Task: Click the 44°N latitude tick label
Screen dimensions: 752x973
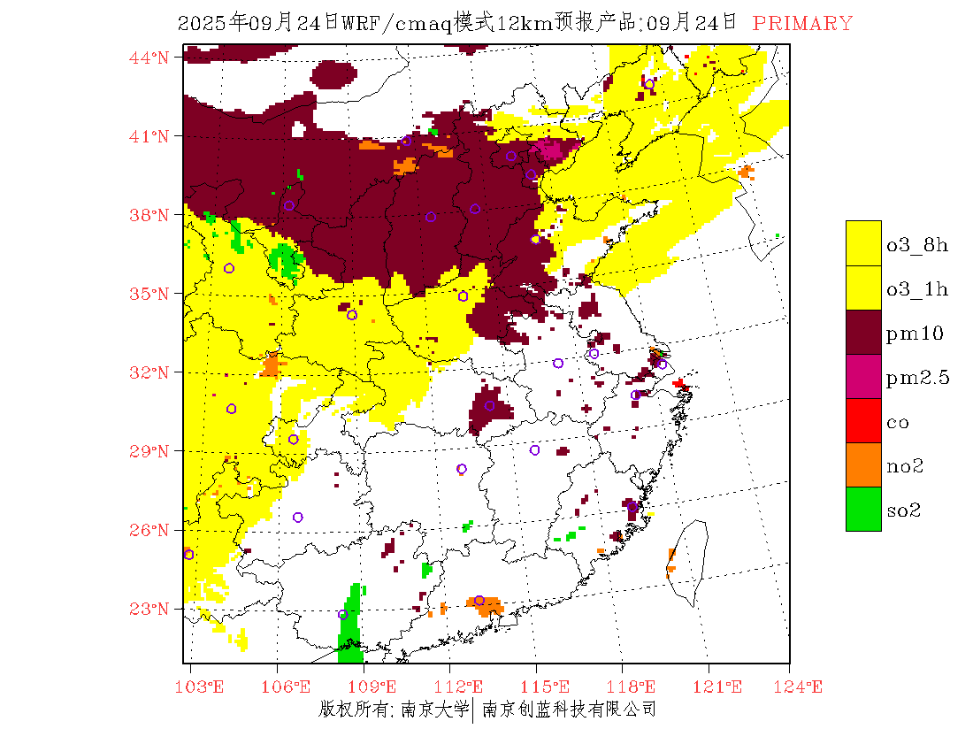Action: pos(149,58)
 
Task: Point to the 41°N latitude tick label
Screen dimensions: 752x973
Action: pos(149,136)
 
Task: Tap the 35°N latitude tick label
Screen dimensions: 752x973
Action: pos(149,294)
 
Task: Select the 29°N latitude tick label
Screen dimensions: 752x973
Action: pos(149,451)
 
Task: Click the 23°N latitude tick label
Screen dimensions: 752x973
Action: pos(149,609)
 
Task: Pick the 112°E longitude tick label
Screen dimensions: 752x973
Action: pos(464,687)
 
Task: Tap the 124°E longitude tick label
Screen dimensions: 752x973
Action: pos(803,687)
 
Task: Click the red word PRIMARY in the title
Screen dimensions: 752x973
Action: pos(802,24)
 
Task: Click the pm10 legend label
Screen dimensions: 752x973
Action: pos(915,334)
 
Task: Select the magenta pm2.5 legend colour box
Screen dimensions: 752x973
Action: pos(863,376)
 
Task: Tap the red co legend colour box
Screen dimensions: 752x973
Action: pos(863,420)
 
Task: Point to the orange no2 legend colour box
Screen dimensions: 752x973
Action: pos(863,464)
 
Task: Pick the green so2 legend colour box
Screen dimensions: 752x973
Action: pos(863,509)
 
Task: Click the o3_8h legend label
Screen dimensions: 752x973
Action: pos(917,245)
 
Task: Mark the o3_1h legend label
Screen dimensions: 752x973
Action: pos(917,289)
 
